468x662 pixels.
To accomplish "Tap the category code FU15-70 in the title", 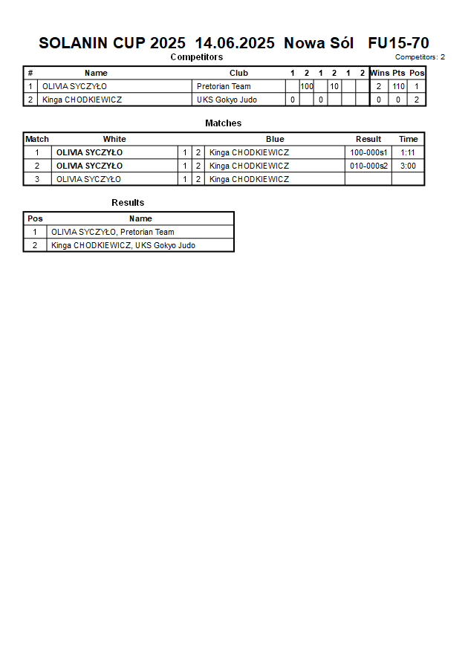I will coord(398,43).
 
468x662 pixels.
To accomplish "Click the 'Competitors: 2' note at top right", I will coord(420,57).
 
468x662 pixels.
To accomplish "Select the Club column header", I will coord(238,73).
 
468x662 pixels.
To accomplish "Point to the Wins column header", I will coord(380,73).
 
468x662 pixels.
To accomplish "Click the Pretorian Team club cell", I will coord(224,86).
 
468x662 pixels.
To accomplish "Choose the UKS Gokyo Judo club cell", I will coord(227,100).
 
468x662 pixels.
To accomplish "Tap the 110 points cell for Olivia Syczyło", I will coord(399,86).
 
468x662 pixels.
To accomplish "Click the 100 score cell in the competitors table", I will coord(307,86).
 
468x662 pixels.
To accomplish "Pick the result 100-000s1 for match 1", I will coord(368,152).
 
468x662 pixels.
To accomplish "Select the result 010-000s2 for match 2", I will coord(368,166).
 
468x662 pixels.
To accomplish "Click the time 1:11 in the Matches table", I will coord(408,152).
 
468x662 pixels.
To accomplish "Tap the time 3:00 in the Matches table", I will coord(408,166).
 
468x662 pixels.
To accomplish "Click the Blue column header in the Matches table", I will coord(275,139).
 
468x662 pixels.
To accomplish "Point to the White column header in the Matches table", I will coord(114,139).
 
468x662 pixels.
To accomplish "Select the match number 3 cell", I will coord(37,179).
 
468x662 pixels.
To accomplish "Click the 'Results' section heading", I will coord(128,202).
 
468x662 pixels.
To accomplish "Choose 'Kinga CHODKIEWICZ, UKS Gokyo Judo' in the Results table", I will coord(123,245).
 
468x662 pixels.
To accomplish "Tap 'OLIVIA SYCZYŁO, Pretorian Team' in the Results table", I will coord(113,232).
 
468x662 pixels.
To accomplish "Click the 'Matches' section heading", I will coord(223,123).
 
